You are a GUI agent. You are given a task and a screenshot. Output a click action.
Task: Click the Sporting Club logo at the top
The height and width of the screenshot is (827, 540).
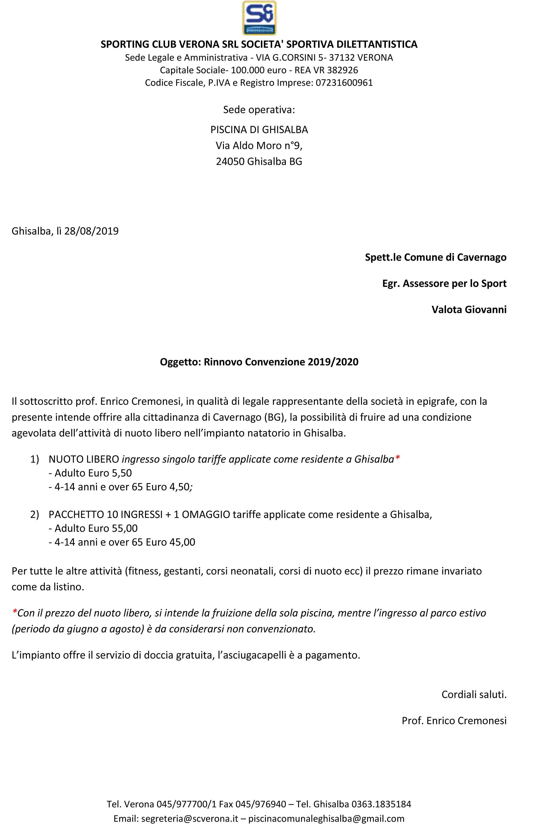click(259, 18)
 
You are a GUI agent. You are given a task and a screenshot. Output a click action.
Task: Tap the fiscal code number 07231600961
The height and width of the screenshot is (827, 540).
click(344, 83)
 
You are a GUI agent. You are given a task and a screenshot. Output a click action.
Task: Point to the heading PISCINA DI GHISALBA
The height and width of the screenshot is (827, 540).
click(259, 130)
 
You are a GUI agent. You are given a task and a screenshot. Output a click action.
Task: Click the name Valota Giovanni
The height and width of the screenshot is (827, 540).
click(469, 309)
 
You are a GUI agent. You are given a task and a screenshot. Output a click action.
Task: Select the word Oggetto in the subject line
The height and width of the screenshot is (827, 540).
click(180, 362)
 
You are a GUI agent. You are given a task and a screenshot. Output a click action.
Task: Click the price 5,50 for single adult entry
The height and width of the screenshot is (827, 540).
click(122, 473)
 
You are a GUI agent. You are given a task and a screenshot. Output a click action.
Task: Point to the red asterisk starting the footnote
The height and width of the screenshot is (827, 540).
click(14, 613)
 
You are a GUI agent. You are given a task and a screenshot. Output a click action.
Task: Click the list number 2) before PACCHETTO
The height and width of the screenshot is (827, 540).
click(35, 515)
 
